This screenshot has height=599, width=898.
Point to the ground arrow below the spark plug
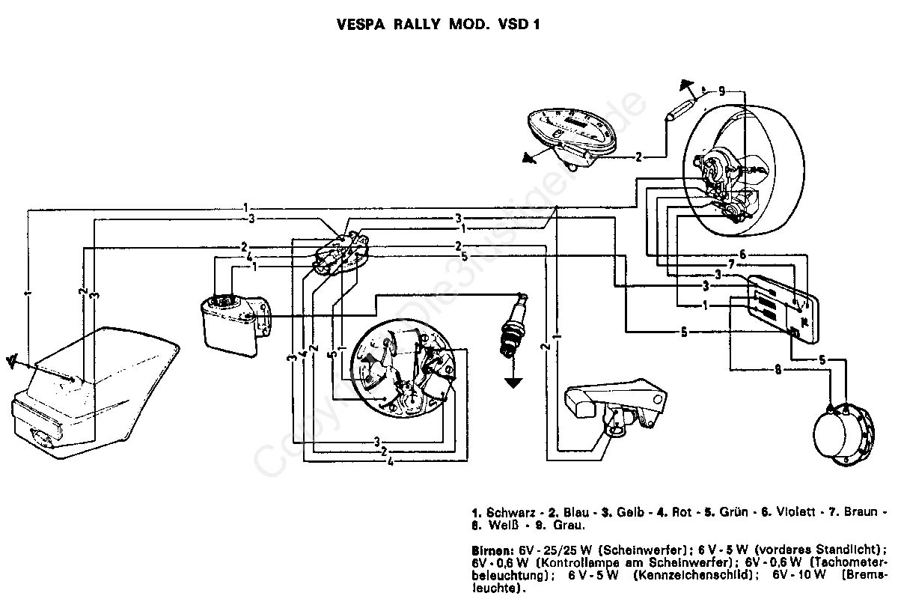513,382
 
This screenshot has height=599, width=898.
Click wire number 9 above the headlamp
721,91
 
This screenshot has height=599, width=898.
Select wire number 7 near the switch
732,264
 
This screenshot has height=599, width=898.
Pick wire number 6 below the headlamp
742,254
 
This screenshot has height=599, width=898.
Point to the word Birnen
491,549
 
